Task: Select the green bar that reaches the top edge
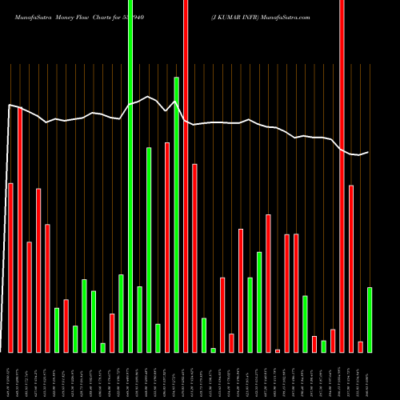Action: coord(130,176)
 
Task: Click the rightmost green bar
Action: coord(370,320)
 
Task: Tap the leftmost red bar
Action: coord(10,268)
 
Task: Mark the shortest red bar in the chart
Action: coord(278,350)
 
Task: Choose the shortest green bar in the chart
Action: coord(213,350)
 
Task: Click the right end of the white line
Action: coord(368,152)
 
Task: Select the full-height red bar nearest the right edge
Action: coord(342,176)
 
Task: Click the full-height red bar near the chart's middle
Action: coord(186,176)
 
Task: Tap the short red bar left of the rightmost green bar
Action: coord(360,346)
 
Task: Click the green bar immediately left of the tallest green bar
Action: coord(122,314)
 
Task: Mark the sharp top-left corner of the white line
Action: coord(9,105)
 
